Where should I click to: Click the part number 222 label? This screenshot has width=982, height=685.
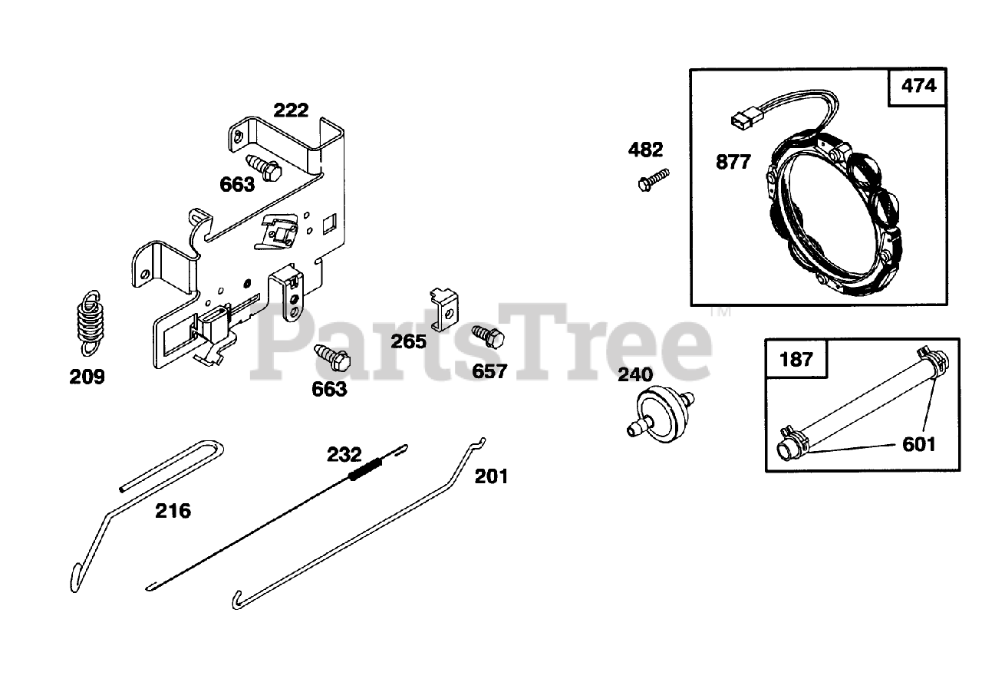coord(292,110)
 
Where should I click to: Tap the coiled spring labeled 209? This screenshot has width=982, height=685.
coord(91,321)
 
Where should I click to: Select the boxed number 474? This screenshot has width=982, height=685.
coord(918,86)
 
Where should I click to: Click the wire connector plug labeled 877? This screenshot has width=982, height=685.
coord(740,121)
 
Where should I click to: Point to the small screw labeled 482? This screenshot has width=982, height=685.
coord(652,179)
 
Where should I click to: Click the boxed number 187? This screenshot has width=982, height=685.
coord(796,358)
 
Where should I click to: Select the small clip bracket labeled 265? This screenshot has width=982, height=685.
coord(444,307)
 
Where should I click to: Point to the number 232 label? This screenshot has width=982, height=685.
coord(344,454)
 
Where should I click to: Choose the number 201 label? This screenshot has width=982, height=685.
coord(491,476)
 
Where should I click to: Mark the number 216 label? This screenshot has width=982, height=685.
coord(173,510)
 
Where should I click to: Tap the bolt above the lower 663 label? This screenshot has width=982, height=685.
coord(331,357)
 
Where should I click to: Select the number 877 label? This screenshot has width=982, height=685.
coord(733,163)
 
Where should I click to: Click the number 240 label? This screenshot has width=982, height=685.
coord(635,374)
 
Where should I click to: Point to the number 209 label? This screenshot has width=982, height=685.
coord(87,377)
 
